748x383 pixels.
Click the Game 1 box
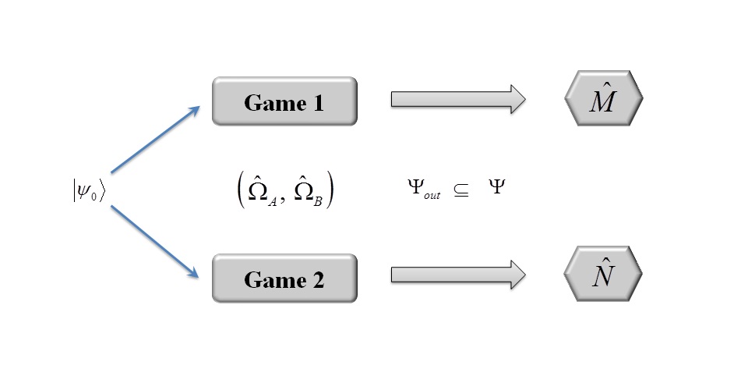click(284, 101)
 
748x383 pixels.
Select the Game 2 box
click(284, 278)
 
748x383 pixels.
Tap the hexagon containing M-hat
click(603, 99)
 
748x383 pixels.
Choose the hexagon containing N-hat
click(603, 276)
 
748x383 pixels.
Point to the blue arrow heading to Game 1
click(156, 139)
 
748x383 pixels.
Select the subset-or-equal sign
click(461, 190)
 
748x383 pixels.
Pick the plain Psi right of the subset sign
click(496, 188)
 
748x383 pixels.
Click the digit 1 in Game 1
click(317, 102)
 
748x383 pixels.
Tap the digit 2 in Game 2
click(318, 279)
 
